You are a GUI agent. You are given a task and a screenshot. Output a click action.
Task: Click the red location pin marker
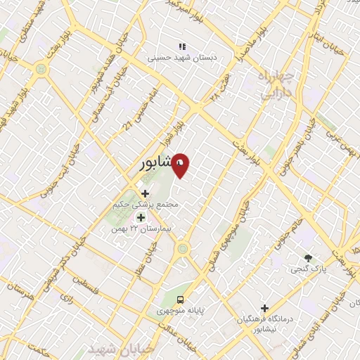[x=181, y=165]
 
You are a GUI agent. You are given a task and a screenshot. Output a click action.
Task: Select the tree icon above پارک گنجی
[x=307, y=257]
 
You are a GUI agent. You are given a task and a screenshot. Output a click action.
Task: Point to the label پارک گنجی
[x=307, y=269]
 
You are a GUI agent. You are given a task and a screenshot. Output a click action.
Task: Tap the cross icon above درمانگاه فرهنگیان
[x=264, y=308]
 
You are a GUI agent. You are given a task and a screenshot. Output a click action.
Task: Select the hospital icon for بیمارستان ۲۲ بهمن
[x=140, y=217]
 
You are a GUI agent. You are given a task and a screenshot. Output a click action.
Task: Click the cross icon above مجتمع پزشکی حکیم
[x=146, y=193]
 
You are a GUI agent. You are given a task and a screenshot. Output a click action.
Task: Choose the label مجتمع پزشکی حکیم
[x=146, y=205]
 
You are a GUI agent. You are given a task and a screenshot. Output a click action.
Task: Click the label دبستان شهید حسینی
[x=179, y=59]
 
